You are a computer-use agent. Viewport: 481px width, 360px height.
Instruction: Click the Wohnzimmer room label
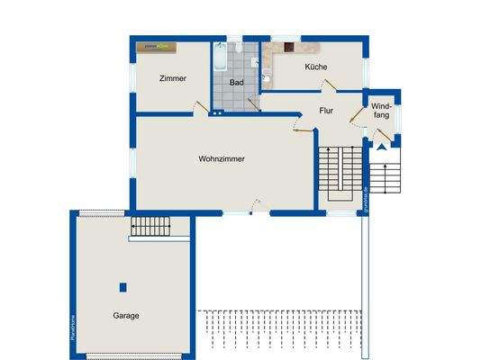coord(222,159)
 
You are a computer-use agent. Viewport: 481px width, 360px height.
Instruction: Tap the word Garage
coord(126,316)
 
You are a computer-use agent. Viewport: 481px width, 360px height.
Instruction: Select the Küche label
coord(316,67)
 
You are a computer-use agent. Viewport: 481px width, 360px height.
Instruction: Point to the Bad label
coord(237,82)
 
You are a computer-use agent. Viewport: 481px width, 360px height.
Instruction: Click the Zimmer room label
coord(172,78)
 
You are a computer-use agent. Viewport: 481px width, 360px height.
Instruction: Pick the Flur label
coord(326,111)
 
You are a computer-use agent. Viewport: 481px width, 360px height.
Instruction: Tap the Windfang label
coord(381,112)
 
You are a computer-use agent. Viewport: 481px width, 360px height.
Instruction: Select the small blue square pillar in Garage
coord(123,287)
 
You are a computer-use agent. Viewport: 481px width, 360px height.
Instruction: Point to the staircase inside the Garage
coord(150,226)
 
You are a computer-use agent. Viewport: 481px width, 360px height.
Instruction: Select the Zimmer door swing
coord(195,107)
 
